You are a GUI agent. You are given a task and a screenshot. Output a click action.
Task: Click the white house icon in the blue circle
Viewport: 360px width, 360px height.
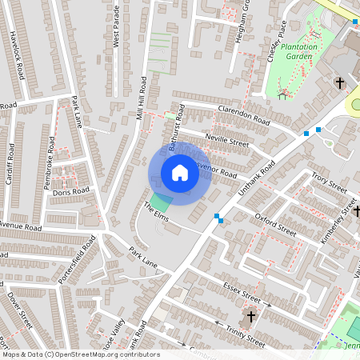(x=180, y=173)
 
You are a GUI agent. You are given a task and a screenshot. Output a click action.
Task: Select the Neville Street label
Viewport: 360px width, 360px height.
(x=227, y=142)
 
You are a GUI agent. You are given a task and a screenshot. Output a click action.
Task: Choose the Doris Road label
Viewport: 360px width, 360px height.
(x=71, y=192)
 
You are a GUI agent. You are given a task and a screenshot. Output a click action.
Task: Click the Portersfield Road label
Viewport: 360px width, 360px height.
(x=77, y=259)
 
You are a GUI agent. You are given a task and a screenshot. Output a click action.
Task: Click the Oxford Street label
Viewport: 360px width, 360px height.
(x=275, y=225)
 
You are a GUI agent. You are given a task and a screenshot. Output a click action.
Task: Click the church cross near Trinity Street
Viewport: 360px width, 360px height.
(x=250, y=317)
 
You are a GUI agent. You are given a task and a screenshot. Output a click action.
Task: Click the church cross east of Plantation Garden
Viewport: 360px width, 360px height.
(x=340, y=82)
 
